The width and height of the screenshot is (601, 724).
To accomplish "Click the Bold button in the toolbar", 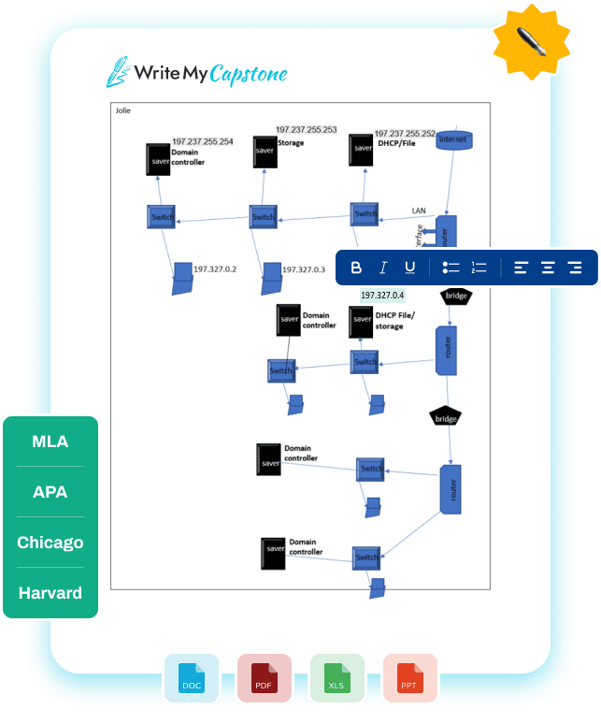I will click(356, 268).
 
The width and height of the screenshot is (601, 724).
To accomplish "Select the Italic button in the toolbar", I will click(382, 268).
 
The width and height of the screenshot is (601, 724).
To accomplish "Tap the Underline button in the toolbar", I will click(409, 268).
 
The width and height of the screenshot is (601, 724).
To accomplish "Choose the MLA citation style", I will click(50, 442).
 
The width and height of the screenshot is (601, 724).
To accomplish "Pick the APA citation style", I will click(50, 492).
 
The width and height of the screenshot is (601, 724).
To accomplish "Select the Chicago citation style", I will click(50, 543).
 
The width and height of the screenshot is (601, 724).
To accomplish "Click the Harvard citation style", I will click(50, 593).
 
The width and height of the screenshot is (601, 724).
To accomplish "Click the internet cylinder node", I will click(453, 139).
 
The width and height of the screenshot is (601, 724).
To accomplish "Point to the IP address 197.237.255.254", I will click(203, 141).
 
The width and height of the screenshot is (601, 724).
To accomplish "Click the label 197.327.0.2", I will click(215, 269).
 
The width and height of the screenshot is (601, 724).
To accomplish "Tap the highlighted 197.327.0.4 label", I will click(382, 296).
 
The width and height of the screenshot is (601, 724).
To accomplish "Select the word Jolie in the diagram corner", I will click(123, 110).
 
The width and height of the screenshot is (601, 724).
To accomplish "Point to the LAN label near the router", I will click(419, 210).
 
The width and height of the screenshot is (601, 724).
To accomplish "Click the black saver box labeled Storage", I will click(265, 152).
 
